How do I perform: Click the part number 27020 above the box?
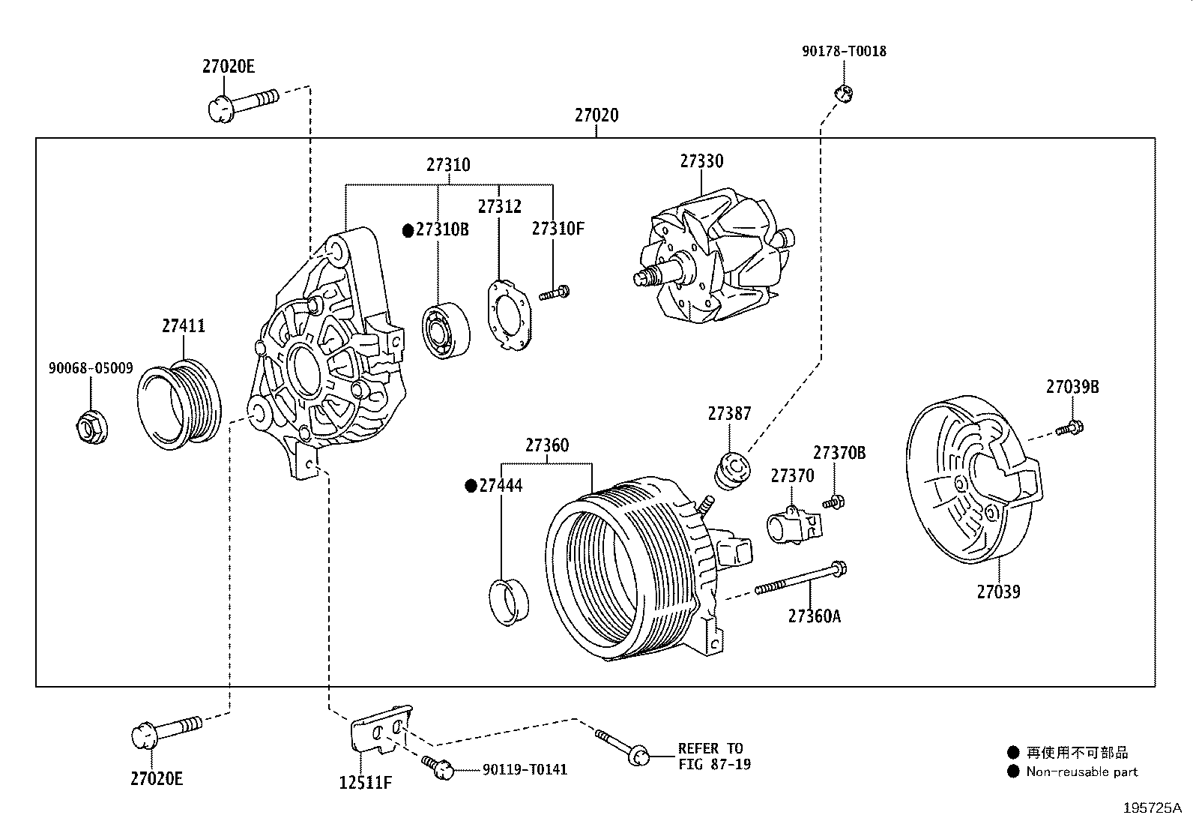click(596, 115)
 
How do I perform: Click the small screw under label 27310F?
click(555, 292)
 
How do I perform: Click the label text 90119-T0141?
click(525, 769)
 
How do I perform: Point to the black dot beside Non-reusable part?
click(1014, 772)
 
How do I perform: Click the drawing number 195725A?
click(1151, 808)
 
